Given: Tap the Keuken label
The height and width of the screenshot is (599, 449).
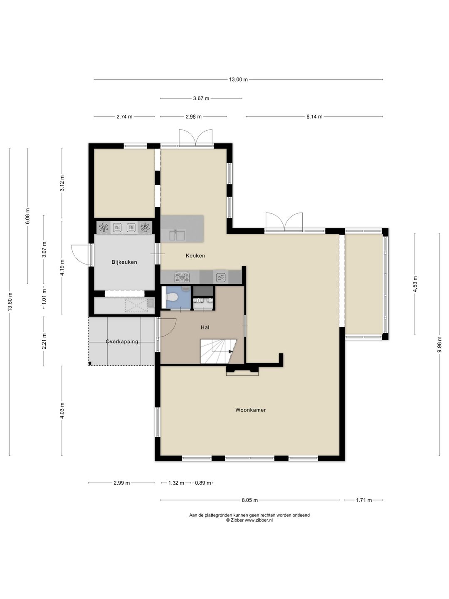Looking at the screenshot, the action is coord(195,255).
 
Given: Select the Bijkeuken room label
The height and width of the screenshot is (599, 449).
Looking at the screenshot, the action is coord(124,262).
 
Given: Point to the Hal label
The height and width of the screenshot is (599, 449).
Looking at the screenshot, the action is coord(205,327).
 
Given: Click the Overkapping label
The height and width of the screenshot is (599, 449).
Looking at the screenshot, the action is coord(122,342).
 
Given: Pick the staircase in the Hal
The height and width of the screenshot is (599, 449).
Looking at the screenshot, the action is coord(218,351).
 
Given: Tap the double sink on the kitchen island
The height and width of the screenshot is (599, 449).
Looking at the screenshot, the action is coord(177,235).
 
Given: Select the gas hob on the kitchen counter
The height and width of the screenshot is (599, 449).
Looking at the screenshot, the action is coord(182,277).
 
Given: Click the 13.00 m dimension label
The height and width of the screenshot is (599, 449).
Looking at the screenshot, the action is coord(238,80).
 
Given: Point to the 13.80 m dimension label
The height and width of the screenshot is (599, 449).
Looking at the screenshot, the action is coord(10,302).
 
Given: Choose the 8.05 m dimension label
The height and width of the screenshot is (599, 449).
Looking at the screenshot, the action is coord(250,500).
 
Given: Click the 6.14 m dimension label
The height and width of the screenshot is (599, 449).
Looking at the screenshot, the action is coord(314,117).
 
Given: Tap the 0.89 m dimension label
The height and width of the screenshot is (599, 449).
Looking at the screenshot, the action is coord(203,483).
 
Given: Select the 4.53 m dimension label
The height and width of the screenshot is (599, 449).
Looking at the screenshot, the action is coord(415,284).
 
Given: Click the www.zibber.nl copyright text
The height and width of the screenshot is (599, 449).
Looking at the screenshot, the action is coord(249,520).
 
